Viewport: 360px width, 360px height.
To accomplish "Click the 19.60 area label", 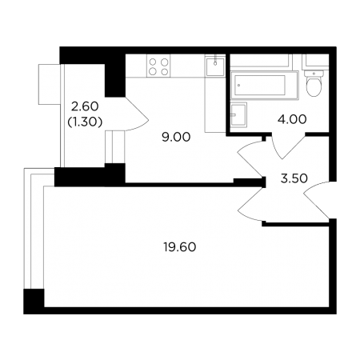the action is point(180,247).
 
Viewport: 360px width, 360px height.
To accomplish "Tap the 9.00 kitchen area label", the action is point(176,137).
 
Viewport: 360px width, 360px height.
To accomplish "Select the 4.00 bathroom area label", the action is point(292,119).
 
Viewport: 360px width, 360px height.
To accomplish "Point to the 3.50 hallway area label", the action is point(294,178).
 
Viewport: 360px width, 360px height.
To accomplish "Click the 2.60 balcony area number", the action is point(85,106).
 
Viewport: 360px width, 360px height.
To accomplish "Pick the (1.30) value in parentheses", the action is point(85,122).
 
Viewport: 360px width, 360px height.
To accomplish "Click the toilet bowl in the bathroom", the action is point(314,86).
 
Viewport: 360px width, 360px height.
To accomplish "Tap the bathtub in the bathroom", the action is point(264,86).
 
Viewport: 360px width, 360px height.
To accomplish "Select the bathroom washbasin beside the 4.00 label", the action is point(238,115).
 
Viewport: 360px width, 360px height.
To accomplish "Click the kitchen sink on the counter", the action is point(215,66).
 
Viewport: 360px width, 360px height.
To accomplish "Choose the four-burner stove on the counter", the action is point(158,66).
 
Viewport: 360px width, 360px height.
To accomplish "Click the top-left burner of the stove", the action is point(153,62).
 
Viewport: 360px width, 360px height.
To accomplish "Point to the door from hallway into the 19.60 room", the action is point(250,205).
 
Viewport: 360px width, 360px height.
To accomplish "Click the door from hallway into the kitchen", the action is point(250,158).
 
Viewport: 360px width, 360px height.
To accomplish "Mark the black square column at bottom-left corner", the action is point(34,302).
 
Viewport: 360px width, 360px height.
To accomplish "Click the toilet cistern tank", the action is point(314,73).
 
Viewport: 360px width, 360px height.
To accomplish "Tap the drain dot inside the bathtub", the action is point(239,86).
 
